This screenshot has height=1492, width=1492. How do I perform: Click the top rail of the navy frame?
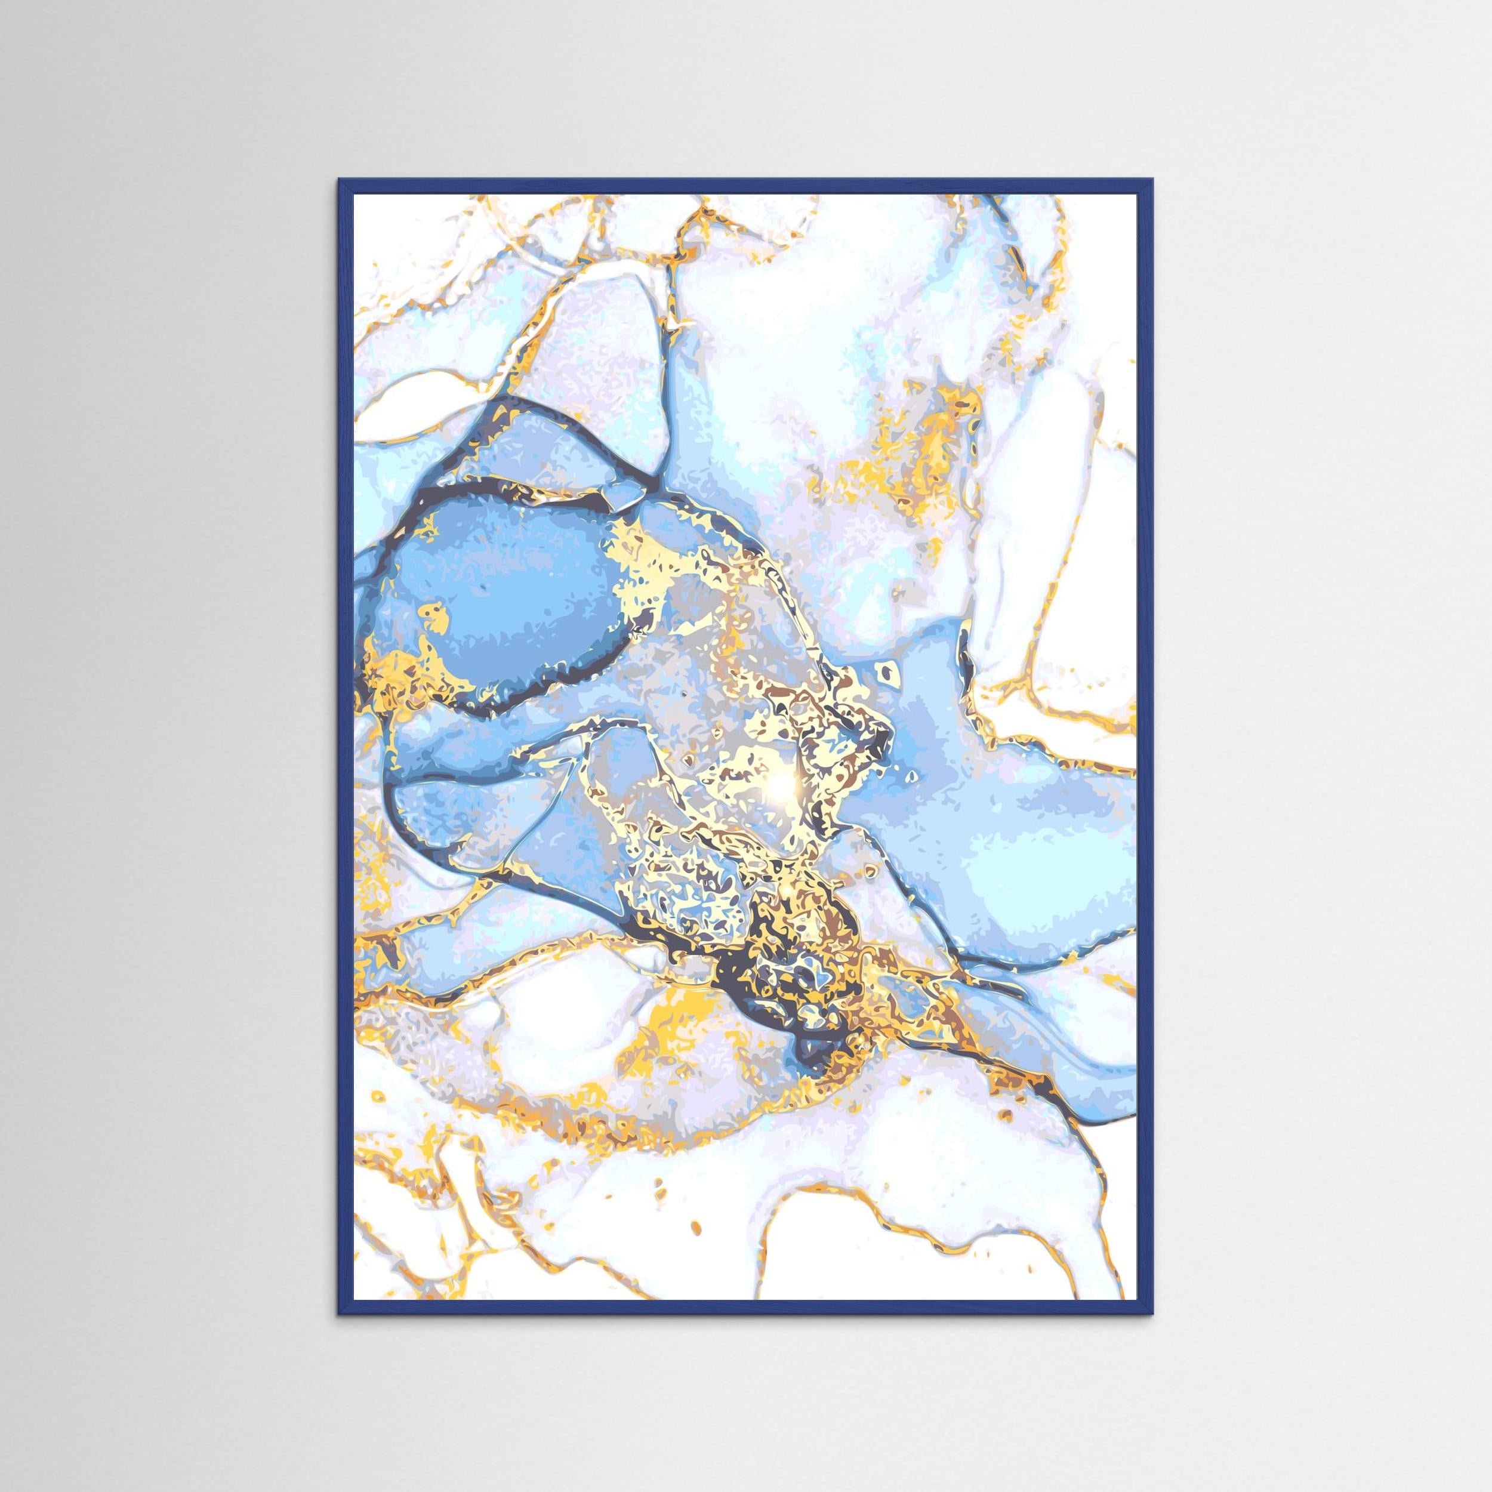pyautogui.click(x=746, y=186)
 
